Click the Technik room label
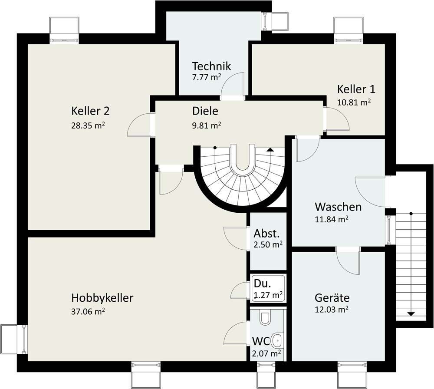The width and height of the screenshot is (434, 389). coord(211,66)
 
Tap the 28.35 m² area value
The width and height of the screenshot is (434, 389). coord(88,125)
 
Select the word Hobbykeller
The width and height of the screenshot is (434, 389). coord(102,298)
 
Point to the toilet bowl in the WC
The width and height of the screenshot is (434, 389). coord(265,319)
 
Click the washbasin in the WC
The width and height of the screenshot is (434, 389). coord(277,340)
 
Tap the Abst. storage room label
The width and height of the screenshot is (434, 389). coord(266,234)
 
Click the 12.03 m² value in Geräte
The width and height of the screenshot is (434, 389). coord(332,309)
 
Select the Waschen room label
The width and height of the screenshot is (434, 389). coord(338,207)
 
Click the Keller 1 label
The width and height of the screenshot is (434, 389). coord(356,89)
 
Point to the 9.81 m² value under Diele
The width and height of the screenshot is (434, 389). coord(207,125)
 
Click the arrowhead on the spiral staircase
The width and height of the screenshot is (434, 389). coord(270,150)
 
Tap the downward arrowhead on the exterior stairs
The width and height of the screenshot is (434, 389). coord(411,314)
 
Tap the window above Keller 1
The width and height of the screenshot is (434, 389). coord(349,30)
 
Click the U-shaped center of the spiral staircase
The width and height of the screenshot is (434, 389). coord(243,160)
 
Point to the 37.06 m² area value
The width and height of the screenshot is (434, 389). coord(88,312)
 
